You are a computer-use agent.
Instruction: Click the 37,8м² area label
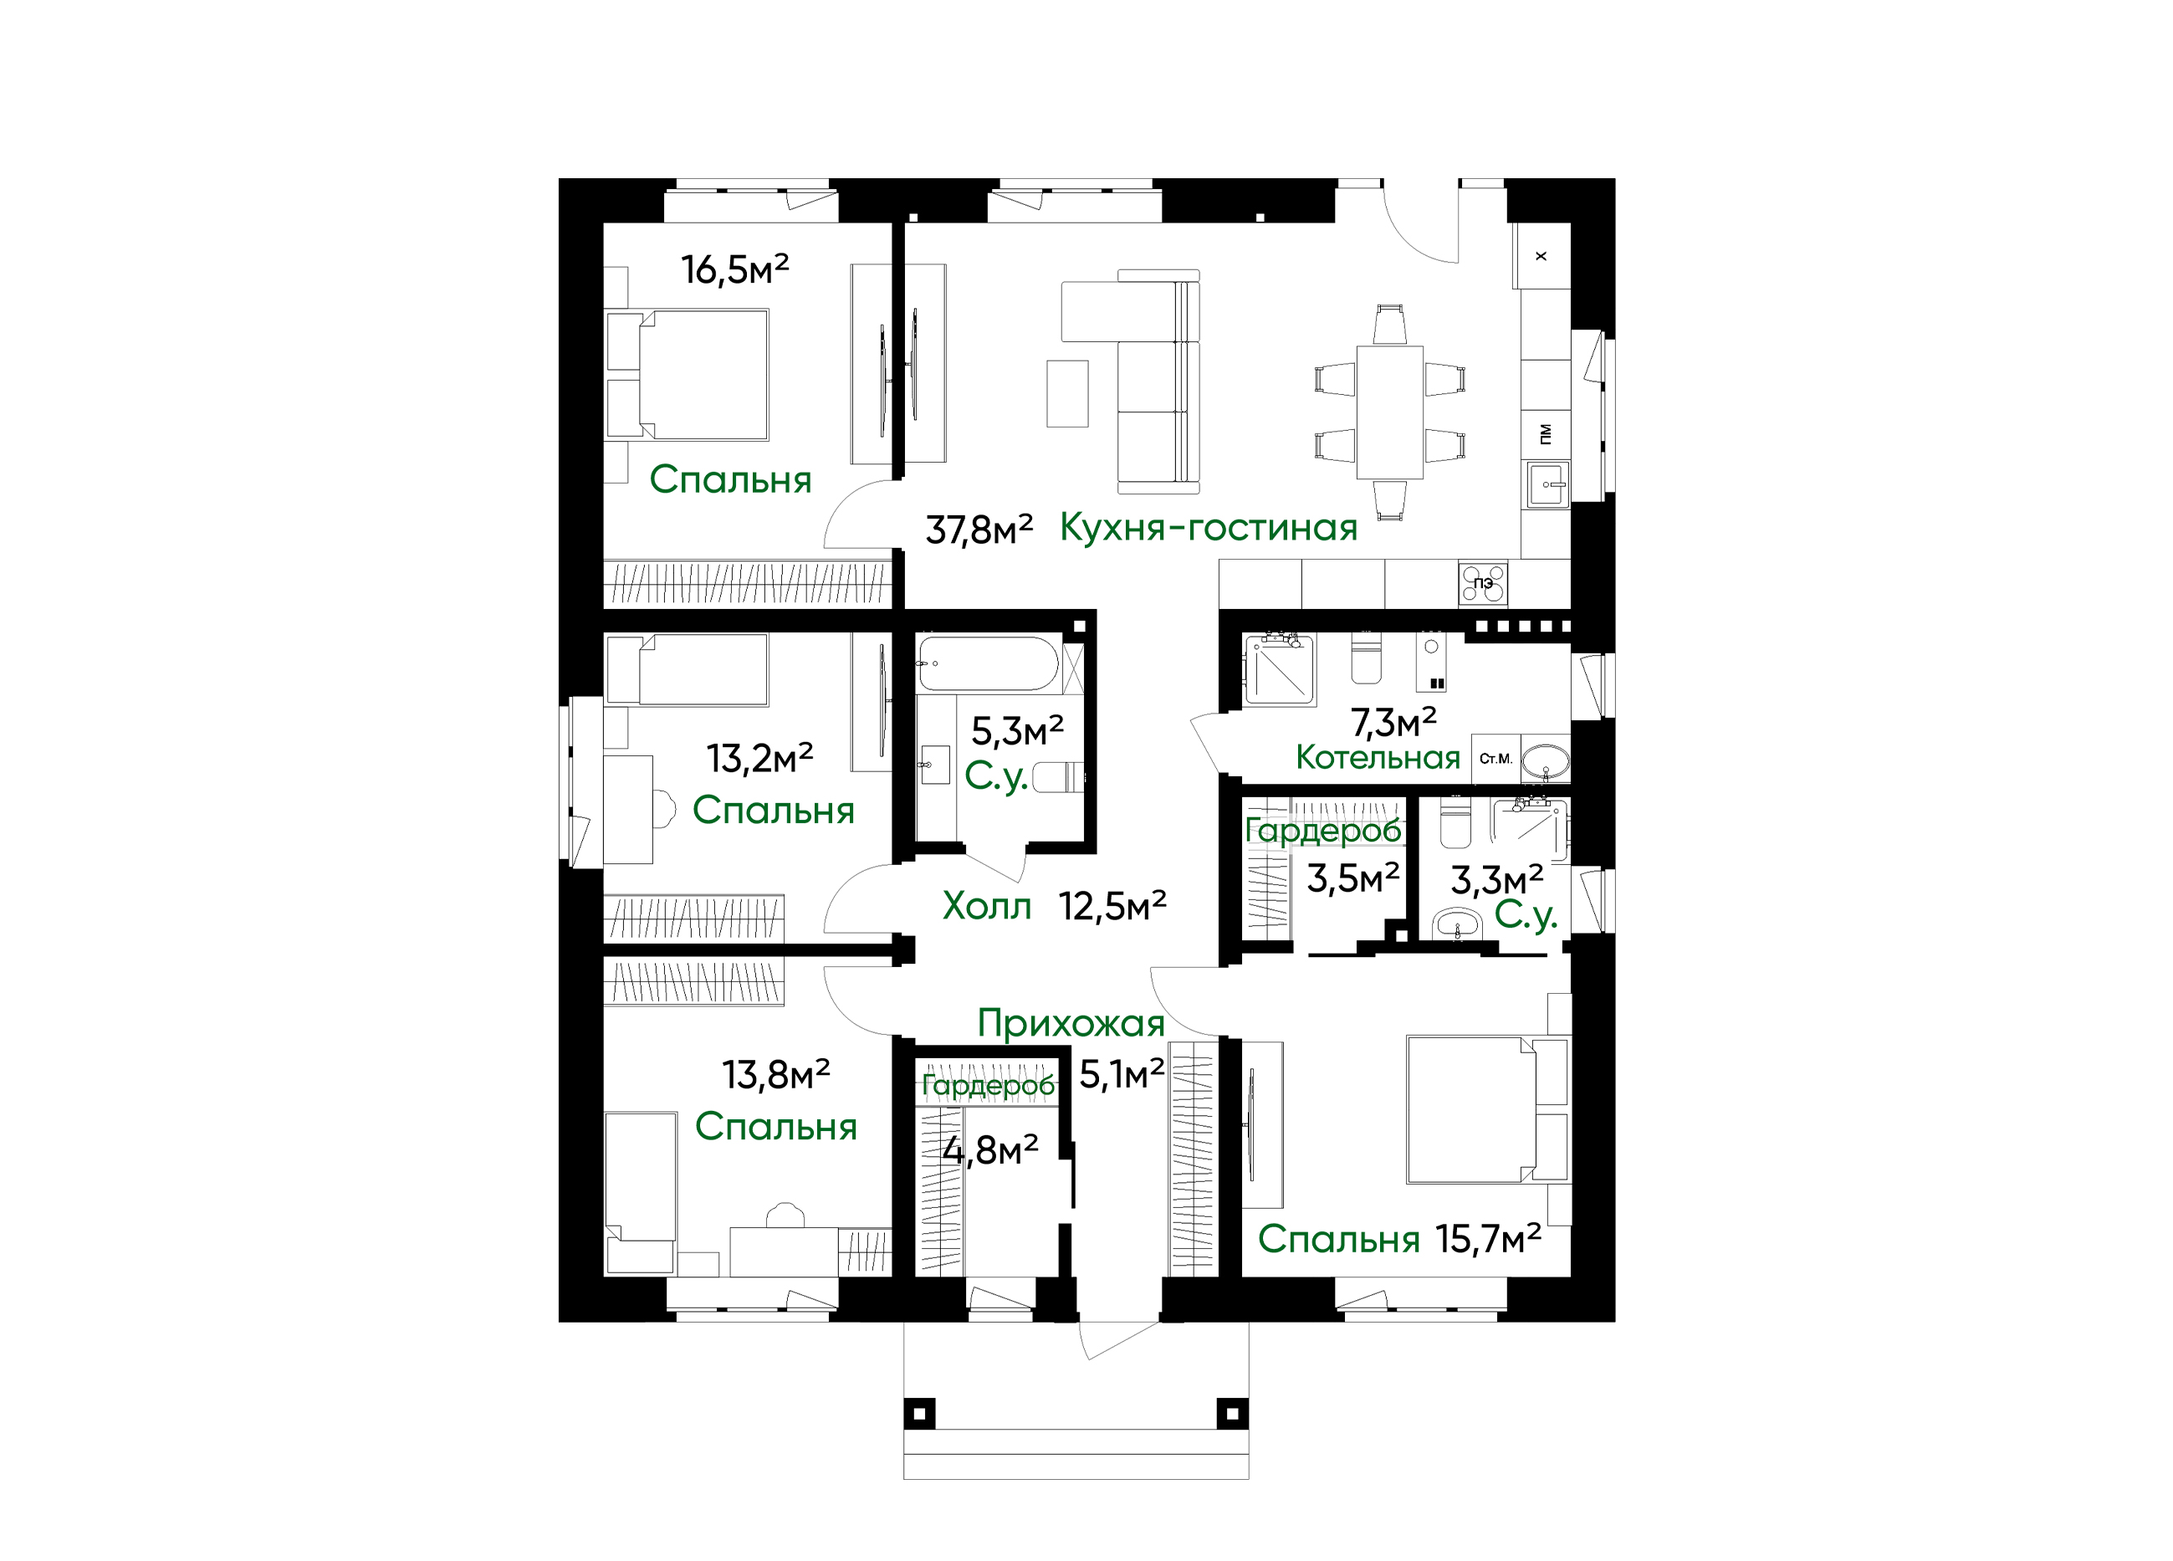coord(979,529)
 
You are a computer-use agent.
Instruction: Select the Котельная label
coord(1377,758)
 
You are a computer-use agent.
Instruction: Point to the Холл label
coord(986,905)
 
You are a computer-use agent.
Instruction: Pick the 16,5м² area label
coord(735,269)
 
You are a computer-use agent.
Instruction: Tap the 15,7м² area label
coord(1488,1240)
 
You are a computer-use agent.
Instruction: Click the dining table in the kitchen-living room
coord(1389,412)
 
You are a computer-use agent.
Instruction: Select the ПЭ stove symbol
coord(1482,582)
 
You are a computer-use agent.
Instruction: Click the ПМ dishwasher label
coord(1545,434)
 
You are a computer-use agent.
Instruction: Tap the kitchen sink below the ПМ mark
coord(1547,485)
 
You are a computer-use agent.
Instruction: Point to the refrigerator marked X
coord(1541,256)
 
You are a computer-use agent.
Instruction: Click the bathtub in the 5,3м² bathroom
coord(988,664)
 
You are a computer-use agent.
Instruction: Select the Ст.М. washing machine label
coord(1495,759)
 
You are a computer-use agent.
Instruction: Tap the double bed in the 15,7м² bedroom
coord(1487,1108)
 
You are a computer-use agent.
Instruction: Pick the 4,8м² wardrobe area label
coord(989,1150)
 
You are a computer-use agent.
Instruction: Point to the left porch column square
coord(919,1414)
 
